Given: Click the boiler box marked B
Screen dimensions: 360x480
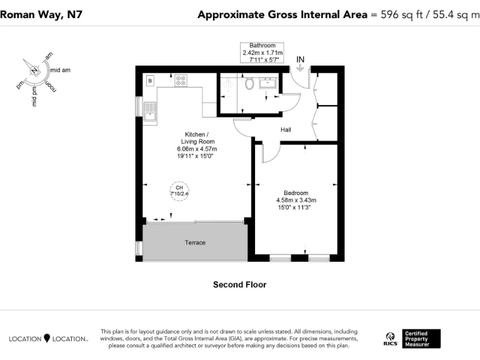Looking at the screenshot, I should [150, 80].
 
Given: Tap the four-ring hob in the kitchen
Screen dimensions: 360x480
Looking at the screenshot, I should [181, 80].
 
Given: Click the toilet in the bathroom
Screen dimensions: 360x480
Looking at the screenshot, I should [249, 83].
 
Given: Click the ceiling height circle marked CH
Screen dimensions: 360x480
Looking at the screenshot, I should [179, 191].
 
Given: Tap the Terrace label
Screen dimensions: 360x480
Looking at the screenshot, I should [195, 242].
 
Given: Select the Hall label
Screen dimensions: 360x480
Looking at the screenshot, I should [286, 129].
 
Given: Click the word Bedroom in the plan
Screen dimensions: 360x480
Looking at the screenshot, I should [296, 192].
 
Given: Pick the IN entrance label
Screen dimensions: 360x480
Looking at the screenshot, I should [301, 59].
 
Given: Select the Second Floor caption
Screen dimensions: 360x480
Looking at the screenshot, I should [239, 284].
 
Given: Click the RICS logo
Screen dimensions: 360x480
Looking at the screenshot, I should [389, 339].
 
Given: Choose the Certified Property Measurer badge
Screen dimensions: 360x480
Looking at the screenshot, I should [422, 339].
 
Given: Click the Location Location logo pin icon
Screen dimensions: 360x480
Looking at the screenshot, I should [47, 338].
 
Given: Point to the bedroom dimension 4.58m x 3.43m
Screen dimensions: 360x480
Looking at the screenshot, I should [296, 200].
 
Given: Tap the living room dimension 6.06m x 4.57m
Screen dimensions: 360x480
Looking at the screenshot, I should [197, 149].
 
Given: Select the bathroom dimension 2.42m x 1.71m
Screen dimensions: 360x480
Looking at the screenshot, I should [262, 53].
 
